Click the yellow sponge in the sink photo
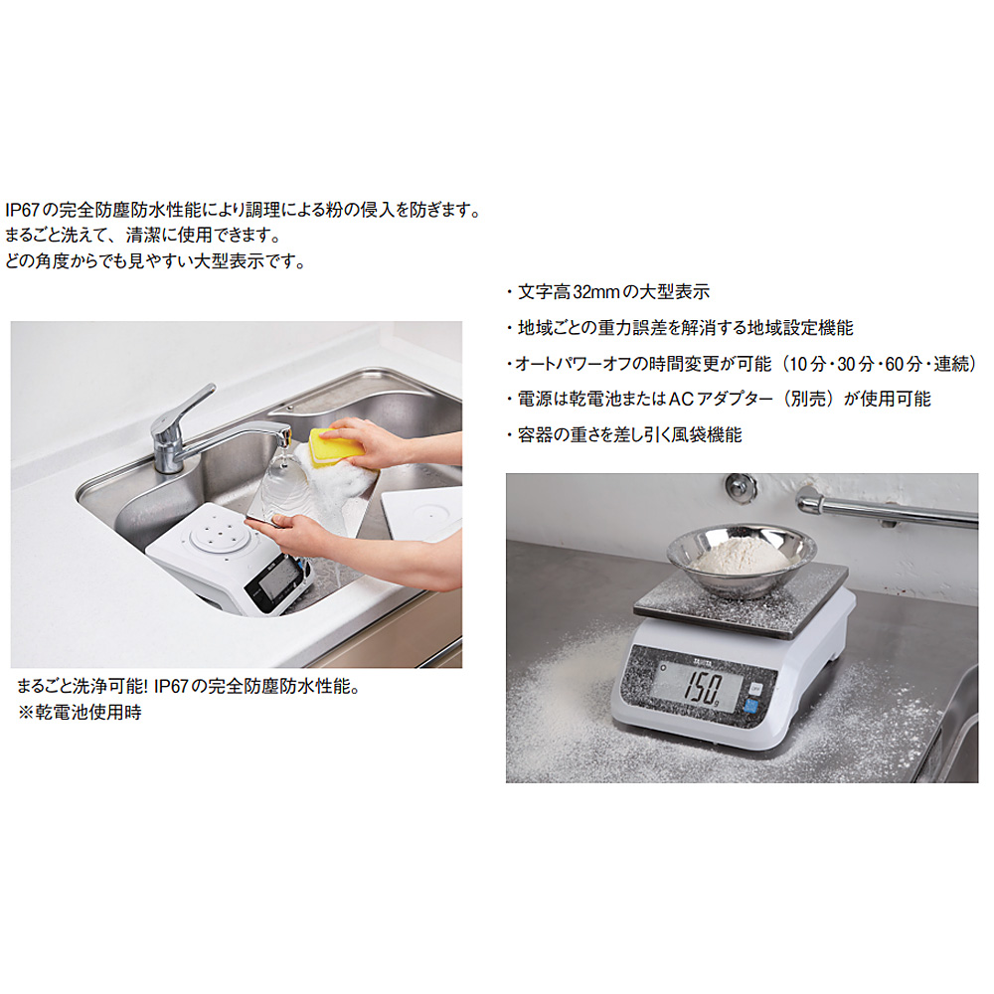[x=336, y=446]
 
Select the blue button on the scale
[x=750, y=706]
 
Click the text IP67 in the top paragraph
[x=22, y=210]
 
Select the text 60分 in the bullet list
[x=904, y=364]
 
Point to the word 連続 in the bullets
[x=951, y=364]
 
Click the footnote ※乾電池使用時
[x=80, y=712]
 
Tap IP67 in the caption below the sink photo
[x=171, y=687]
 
